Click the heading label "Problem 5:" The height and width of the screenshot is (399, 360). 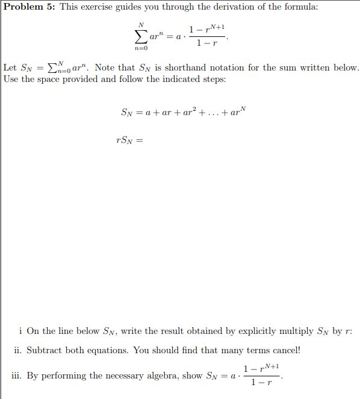pyautogui.click(x=29, y=7)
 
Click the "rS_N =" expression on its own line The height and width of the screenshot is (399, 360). pyautogui.click(x=129, y=141)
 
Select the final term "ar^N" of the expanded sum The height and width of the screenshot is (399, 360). pyautogui.click(x=238, y=112)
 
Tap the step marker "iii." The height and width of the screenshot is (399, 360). pyautogui.click(x=17, y=375)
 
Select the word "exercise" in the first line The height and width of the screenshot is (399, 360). pyautogui.click(x=101, y=7)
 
